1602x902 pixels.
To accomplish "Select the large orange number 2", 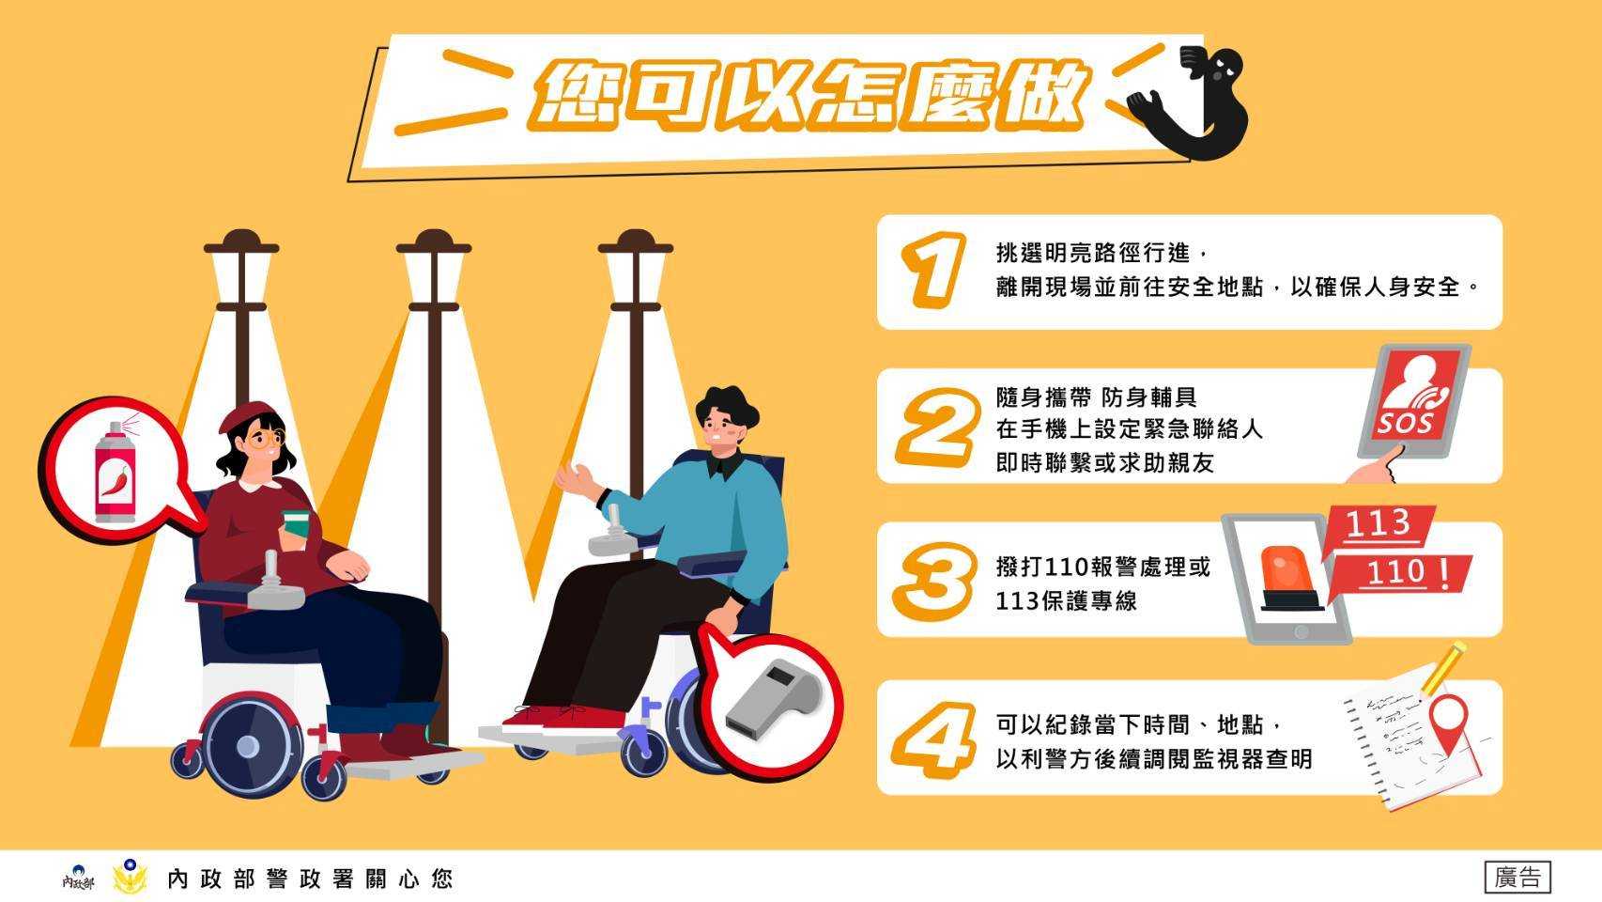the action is click(x=937, y=427).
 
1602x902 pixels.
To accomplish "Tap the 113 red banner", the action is click(x=1378, y=527).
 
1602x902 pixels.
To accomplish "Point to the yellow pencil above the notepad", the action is click(x=1443, y=668).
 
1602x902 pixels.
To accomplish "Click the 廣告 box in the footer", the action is click(x=1517, y=877).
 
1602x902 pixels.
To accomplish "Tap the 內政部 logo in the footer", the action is click(x=77, y=878).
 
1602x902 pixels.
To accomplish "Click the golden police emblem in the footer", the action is click(x=130, y=877).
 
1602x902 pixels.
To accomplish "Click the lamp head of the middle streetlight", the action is click(x=434, y=266).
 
